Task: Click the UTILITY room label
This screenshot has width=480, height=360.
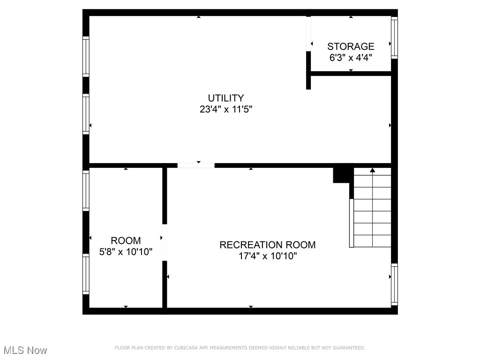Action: pos(226,98)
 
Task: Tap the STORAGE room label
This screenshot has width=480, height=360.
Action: pos(351,46)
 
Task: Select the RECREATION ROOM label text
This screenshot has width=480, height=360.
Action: pos(267,245)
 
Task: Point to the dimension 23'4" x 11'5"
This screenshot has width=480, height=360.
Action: pos(226,110)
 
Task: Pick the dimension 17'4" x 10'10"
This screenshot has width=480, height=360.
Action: pos(267,256)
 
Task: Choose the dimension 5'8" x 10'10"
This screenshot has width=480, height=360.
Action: pos(126,252)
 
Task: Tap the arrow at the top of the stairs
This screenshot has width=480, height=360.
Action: pos(373,170)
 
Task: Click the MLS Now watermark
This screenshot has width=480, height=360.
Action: pos(25,350)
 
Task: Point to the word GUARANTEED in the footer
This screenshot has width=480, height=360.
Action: pos(348,348)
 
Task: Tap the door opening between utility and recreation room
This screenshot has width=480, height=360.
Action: pos(196,165)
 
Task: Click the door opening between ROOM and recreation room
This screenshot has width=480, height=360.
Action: pos(165,242)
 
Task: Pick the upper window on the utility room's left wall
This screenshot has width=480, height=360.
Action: pos(86,56)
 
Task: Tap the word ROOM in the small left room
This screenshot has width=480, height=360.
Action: pos(126,240)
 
